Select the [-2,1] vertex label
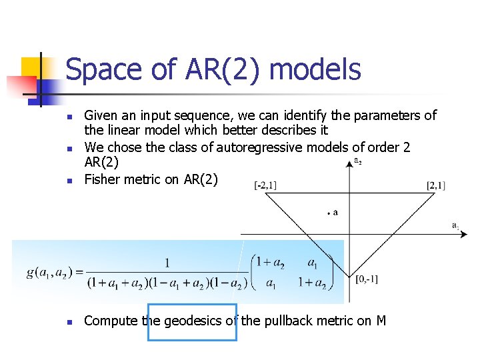point(265,186)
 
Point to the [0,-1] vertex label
point(367,279)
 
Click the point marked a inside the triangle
point(329,213)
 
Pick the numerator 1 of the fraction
point(167,263)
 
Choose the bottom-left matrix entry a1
point(271,283)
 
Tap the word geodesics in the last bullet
point(193,321)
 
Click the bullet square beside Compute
point(69,321)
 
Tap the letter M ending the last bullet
point(381,321)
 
